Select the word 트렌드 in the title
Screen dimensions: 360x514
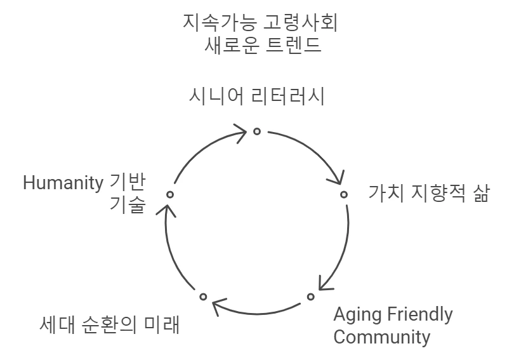(291, 46)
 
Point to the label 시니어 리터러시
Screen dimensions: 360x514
(257, 97)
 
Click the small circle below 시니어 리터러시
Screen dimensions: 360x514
(257, 131)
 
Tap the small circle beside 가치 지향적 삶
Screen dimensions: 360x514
(344, 194)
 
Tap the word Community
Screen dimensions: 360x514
(381, 337)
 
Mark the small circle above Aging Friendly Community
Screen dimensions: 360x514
(311, 297)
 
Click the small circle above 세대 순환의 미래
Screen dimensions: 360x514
(203, 297)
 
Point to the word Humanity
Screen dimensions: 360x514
(63, 183)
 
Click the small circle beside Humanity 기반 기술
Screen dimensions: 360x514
(169, 194)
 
